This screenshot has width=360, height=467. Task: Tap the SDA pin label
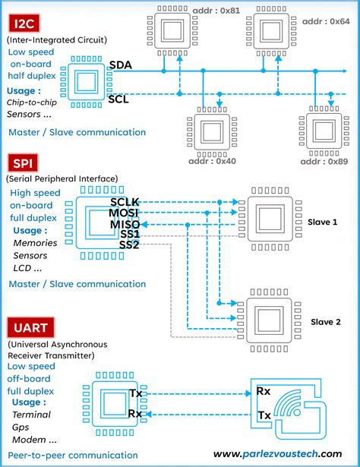click(120, 65)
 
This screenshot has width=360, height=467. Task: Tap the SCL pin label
click(118, 99)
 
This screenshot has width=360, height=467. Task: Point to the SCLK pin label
click(125, 201)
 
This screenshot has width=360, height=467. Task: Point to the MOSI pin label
click(124, 213)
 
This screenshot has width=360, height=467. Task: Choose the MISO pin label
click(124, 224)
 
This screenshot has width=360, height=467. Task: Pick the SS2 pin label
click(128, 245)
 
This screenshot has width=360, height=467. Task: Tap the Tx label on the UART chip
click(135, 393)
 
